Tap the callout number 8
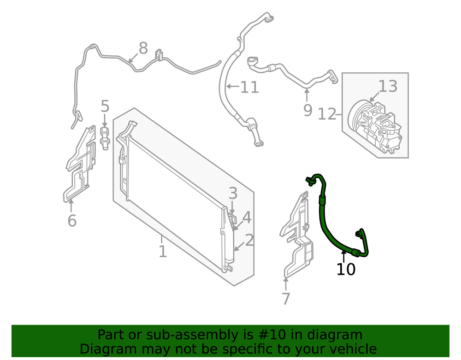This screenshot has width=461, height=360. point(143,48)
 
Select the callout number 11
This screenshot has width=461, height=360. point(249,87)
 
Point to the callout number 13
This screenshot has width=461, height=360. point(388,86)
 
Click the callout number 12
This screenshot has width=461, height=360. point(327,114)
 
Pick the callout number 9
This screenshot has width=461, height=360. point(307,111)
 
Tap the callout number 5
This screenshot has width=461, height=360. point(105,106)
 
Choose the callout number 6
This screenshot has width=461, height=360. point(72,220)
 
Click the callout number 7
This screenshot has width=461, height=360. point(286,299)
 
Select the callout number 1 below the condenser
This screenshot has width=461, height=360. point(163,252)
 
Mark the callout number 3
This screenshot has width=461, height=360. point(233,194)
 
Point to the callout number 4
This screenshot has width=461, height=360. point(247,218)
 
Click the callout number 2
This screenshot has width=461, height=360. point(249,240)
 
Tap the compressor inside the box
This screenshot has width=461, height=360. point(374,126)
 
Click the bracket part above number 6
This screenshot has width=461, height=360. point(80,165)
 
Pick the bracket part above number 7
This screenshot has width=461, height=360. point(296,235)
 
